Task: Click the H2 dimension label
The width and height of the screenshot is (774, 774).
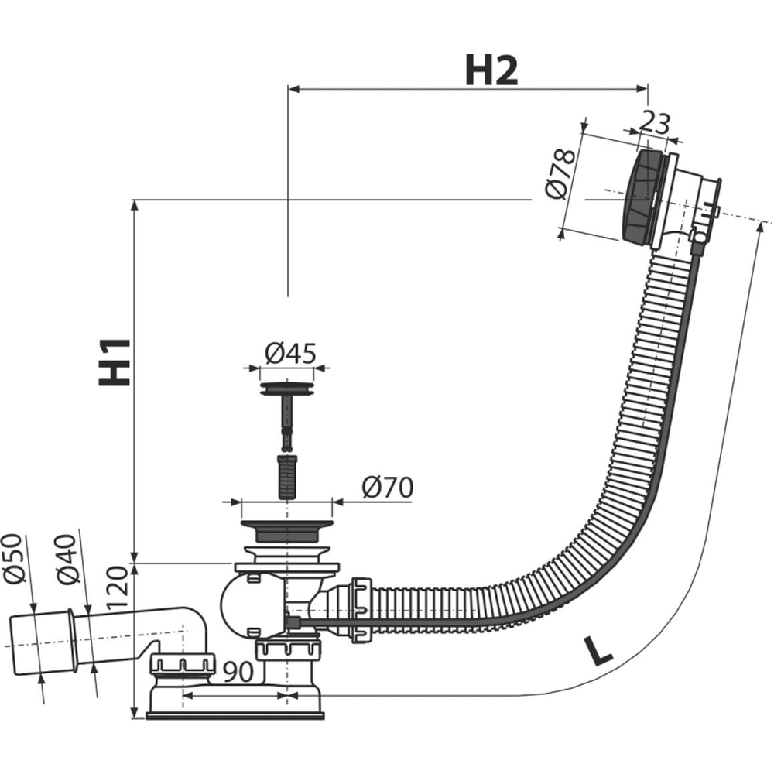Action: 491,72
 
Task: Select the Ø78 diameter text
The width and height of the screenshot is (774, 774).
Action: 560,173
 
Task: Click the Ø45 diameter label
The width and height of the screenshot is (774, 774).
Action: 290,354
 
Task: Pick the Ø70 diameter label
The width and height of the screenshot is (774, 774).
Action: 387,488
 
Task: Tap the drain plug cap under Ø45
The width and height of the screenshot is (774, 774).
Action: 287,387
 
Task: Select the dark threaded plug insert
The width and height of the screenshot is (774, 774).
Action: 286,477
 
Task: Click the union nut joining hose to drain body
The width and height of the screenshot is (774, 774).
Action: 361,608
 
